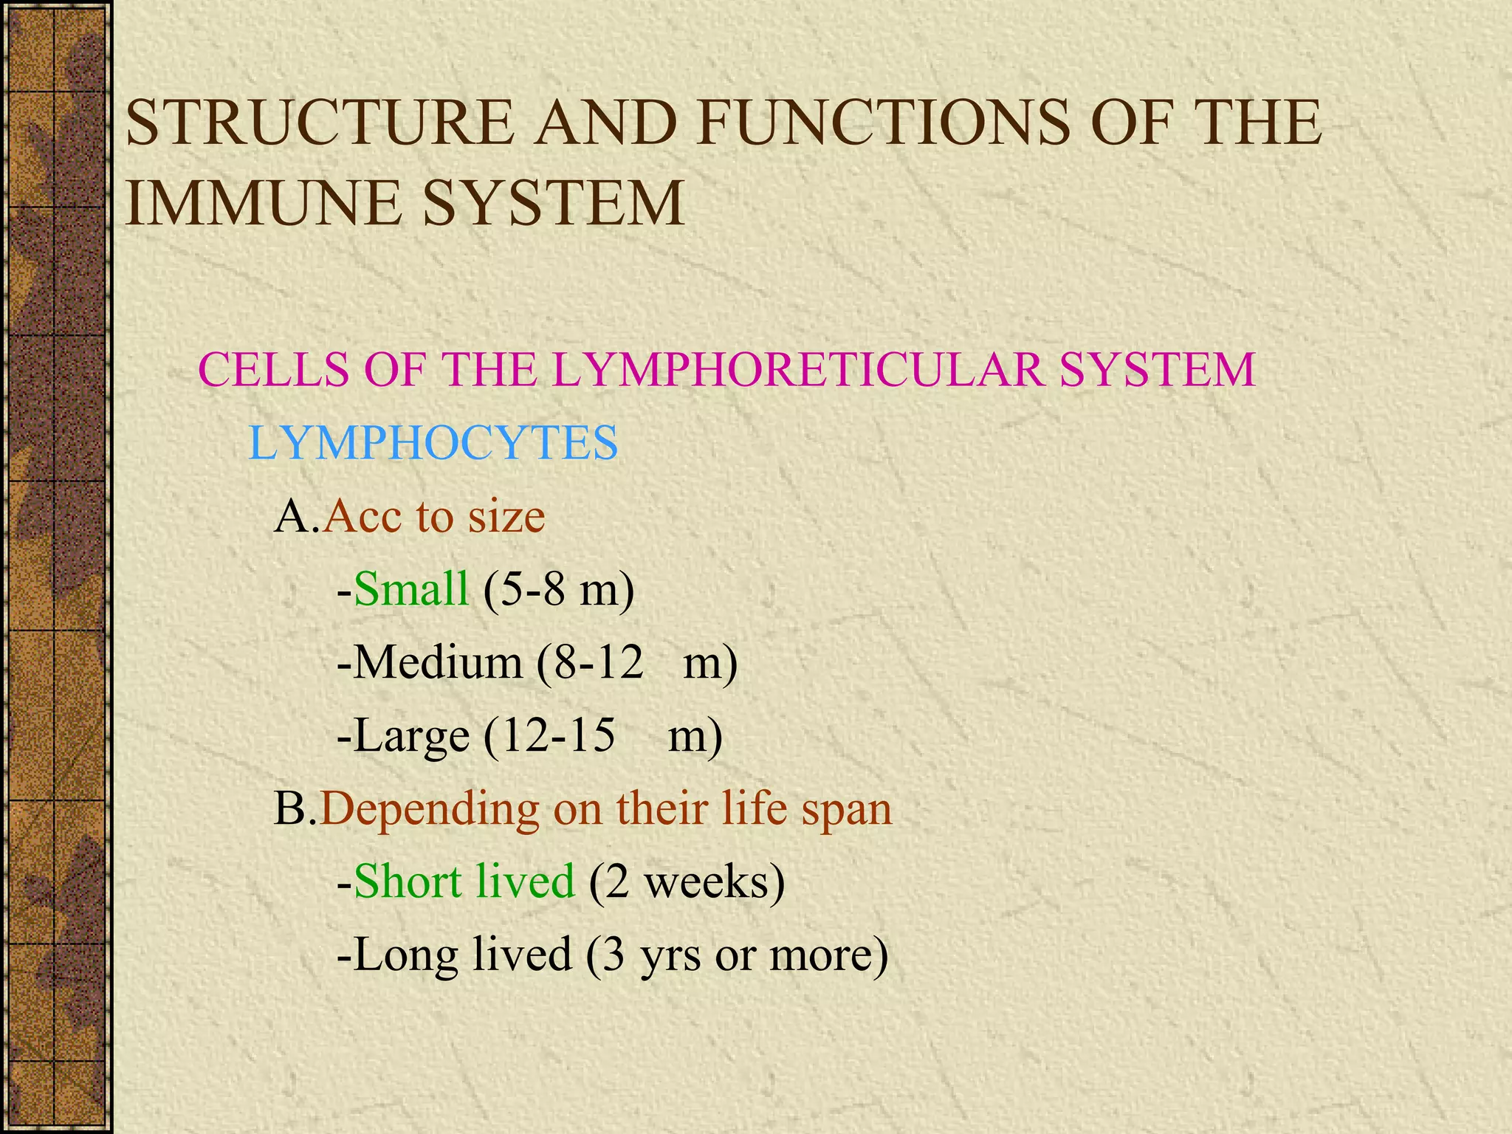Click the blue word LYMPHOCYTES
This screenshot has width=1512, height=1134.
tap(433, 443)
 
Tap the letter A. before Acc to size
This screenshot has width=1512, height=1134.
tap(296, 516)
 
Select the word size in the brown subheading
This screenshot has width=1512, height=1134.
tap(506, 516)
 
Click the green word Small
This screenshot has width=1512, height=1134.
tap(411, 589)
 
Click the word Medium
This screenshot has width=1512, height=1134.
tap(438, 662)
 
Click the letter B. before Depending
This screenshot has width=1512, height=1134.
tap(295, 808)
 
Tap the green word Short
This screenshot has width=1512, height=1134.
tap(406, 882)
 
